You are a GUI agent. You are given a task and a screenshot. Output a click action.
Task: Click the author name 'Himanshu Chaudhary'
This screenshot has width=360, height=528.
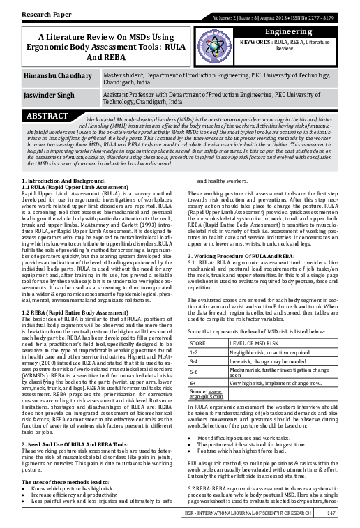pyautogui.click(x=57, y=75)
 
